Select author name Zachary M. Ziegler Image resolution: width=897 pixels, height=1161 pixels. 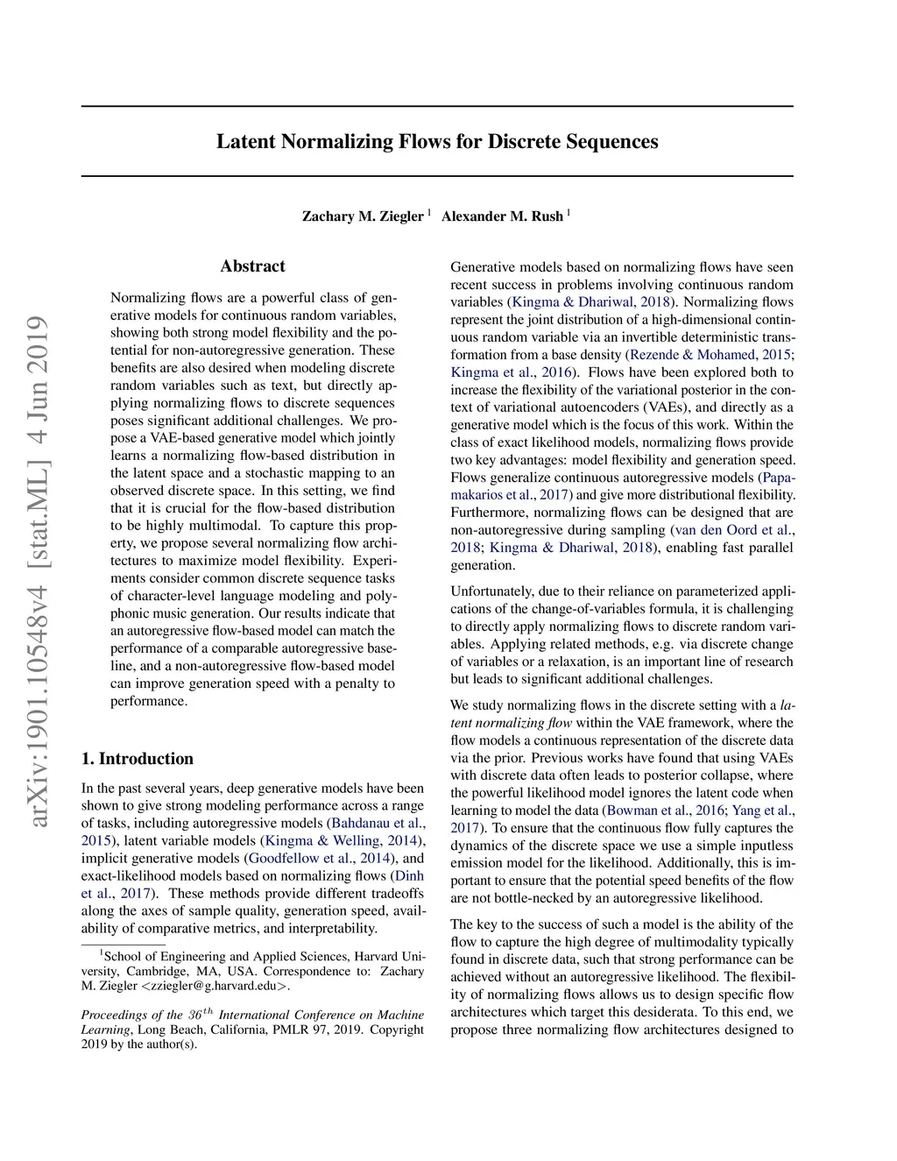[363, 216]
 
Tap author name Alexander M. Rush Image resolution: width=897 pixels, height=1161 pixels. [502, 216]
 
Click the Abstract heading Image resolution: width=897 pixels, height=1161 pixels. [252, 266]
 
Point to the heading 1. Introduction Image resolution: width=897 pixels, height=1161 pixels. [138, 759]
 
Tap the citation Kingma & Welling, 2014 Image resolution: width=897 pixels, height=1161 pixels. [342, 841]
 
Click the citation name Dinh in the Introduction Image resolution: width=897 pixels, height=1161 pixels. [409, 876]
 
